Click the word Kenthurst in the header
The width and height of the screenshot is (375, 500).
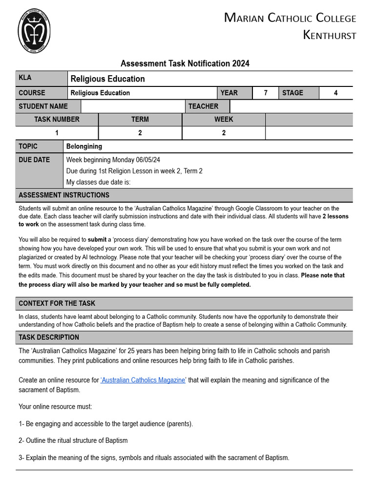point(330,35)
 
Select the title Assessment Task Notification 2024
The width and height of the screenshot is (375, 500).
point(185,63)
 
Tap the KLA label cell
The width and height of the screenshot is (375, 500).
point(42,78)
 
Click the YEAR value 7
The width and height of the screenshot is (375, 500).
point(265,93)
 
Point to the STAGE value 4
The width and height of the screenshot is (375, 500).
point(335,93)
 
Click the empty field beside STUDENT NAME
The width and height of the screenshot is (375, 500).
point(133,106)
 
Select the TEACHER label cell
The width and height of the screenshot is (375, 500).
point(203,106)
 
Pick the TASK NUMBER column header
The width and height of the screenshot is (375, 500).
point(57,119)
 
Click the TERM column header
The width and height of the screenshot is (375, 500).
point(140,119)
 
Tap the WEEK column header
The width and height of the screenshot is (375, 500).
point(224,119)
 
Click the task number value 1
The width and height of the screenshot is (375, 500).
point(57,133)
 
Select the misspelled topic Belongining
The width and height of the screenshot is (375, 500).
point(84,146)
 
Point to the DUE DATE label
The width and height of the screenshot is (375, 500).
point(34,160)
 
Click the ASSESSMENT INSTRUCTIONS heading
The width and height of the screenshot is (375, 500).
point(64,195)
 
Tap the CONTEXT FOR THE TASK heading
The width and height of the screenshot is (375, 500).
point(57,303)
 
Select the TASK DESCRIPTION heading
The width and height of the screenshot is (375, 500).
point(49,337)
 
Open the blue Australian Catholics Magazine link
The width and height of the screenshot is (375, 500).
point(143,380)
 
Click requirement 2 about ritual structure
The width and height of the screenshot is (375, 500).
point(73,440)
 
